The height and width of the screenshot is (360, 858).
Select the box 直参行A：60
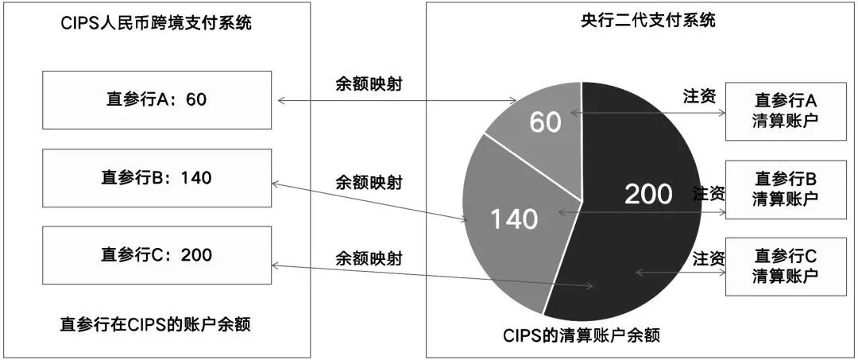click(x=157, y=99)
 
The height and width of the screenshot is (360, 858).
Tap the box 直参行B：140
click(x=157, y=177)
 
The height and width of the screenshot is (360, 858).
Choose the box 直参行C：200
click(x=157, y=254)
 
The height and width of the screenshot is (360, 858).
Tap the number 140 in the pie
click(x=514, y=218)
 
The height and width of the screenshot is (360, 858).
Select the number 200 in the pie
click(x=648, y=193)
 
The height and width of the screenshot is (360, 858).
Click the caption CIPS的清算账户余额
click(x=582, y=335)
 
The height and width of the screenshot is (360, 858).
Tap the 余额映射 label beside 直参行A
click(x=370, y=84)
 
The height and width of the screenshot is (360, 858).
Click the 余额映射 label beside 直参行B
click(x=369, y=183)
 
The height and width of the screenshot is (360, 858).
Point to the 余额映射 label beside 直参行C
click(x=369, y=258)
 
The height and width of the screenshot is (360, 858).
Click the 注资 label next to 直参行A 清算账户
click(x=700, y=96)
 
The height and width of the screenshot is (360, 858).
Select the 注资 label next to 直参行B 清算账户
click(x=709, y=193)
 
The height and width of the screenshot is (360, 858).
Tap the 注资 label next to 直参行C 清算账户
click(x=709, y=258)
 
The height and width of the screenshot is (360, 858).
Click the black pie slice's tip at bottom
click(x=545, y=312)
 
